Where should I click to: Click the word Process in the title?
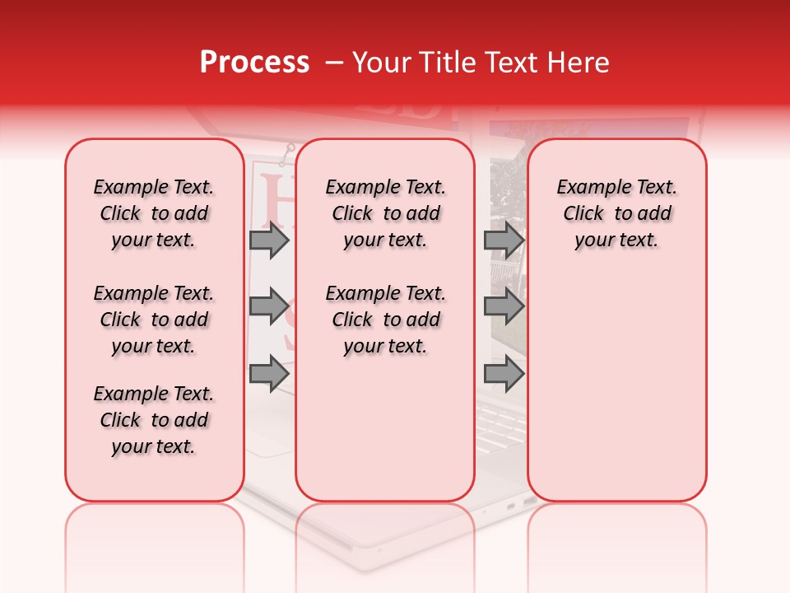[x=254, y=62]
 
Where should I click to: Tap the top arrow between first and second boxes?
[x=269, y=240]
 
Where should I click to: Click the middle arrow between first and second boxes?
[x=269, y=306]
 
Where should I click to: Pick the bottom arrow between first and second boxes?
[x=269, y=374]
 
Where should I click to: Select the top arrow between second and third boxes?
[x=504, y=240]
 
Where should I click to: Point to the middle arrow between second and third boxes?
[x=504, y=306]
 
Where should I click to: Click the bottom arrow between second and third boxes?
[x=504, y=374]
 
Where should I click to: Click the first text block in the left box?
[x=154, y=213]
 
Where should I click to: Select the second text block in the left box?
[x=154, y=320]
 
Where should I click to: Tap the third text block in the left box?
[x=154, y=420]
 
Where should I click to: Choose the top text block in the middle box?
[x=385, y=213]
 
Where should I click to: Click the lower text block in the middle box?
[x=385, y=320]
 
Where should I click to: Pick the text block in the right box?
[x=617, y=213]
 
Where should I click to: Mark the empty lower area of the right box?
[x=617, y=395]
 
